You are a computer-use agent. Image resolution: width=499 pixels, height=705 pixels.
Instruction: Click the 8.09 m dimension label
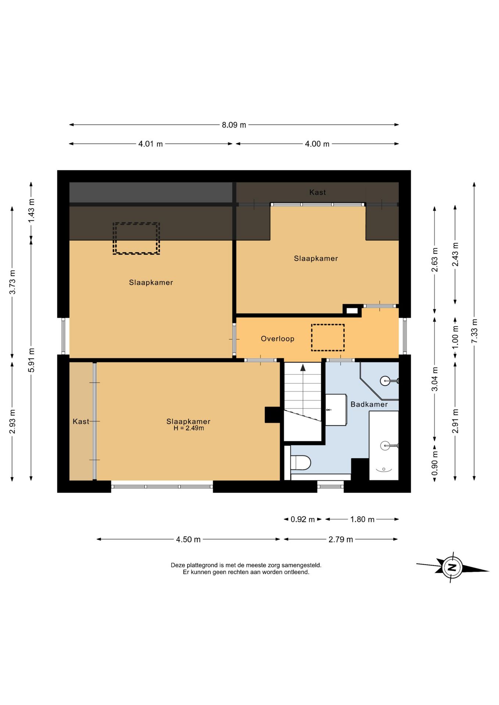234,125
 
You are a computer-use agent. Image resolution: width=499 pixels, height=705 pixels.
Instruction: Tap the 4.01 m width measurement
150,144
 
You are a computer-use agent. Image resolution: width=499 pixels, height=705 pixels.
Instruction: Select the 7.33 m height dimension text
474,331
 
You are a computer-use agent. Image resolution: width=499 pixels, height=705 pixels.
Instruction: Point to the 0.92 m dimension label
303,519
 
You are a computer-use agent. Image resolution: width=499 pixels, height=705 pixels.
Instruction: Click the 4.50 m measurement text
188,539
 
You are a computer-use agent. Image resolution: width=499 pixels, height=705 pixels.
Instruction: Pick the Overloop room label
277,339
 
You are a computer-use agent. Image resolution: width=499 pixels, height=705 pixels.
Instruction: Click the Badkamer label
369,404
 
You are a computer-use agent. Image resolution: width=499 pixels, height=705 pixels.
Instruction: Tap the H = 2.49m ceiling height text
189,428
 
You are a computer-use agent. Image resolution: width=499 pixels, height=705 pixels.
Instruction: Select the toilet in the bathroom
301,463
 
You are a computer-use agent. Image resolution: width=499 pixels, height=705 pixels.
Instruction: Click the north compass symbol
452,567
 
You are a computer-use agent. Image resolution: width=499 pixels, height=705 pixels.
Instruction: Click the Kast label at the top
317,192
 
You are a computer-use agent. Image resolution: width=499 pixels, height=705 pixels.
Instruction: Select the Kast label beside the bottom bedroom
81,422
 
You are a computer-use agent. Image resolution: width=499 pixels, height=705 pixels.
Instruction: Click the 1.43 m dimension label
31,210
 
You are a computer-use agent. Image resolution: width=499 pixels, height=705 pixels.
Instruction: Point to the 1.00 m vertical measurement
455,338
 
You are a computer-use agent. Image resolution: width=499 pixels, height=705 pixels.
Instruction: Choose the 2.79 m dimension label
341,539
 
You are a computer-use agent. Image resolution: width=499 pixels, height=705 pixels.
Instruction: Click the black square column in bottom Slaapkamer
272,415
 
